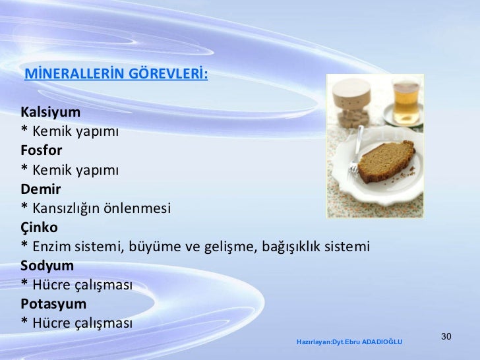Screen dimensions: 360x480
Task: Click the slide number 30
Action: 445,338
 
